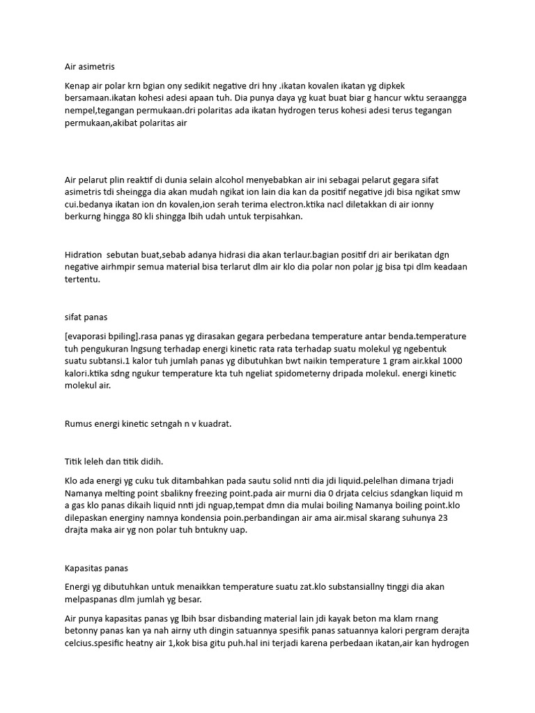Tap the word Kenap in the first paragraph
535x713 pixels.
click(x=78, y=86)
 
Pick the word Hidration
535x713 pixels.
click(x=82, y=255)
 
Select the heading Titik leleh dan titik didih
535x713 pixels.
click(x=114, y=461)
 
